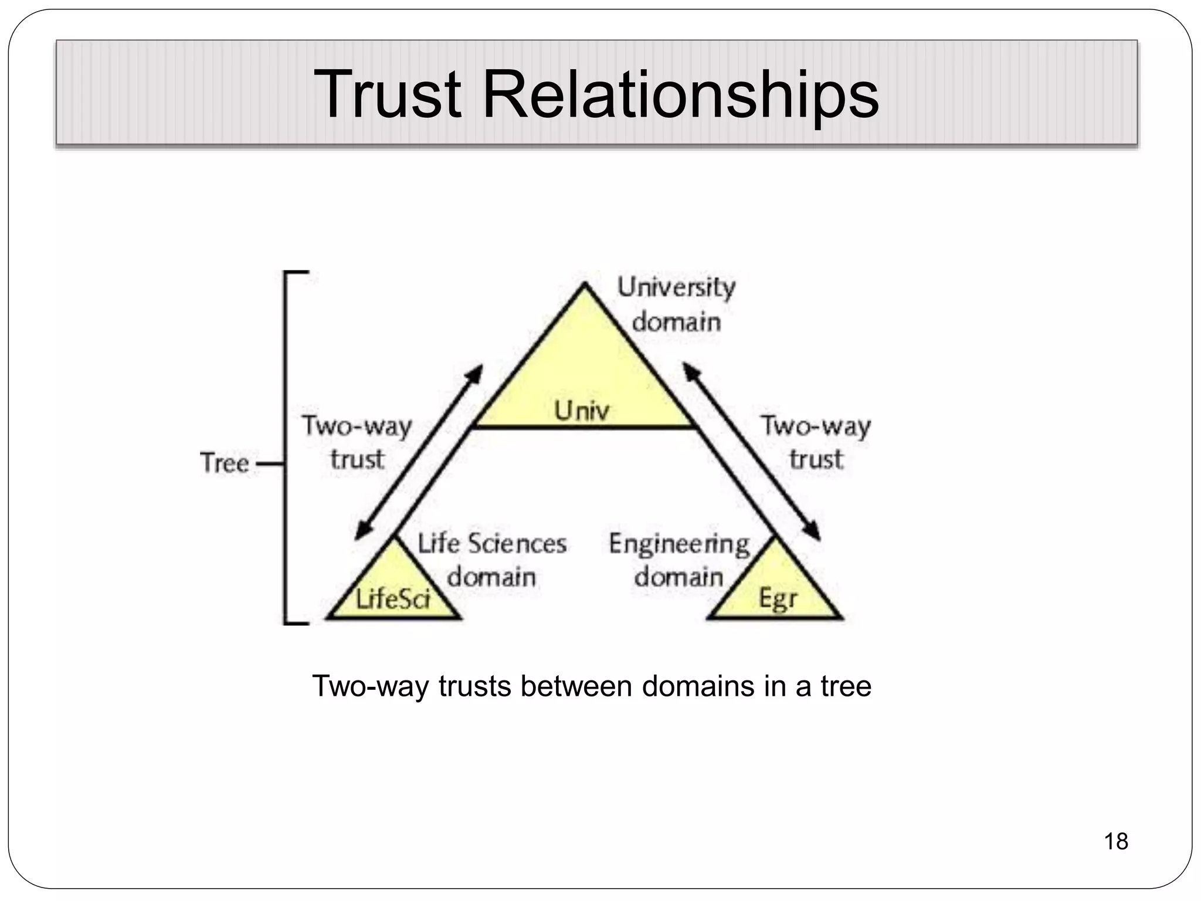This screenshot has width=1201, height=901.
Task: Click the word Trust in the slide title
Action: (x=387, y=94)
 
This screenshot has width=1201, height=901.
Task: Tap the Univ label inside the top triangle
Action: (x=582, y=410)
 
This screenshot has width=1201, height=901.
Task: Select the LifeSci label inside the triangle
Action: (x=393, y=599)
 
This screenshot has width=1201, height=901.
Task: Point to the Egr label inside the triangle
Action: (x=778, y=599)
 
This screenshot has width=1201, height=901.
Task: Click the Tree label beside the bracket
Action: (x=225, y=463)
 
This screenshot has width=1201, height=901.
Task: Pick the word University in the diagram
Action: (x=676, y=288)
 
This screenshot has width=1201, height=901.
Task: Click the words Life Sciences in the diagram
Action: (x=492, y=544)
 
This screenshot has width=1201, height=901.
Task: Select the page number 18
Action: (x=1115, y=841)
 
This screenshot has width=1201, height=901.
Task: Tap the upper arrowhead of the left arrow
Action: (x=477, y=371)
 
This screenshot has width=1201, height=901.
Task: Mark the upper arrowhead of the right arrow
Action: (x=689, y=370)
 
